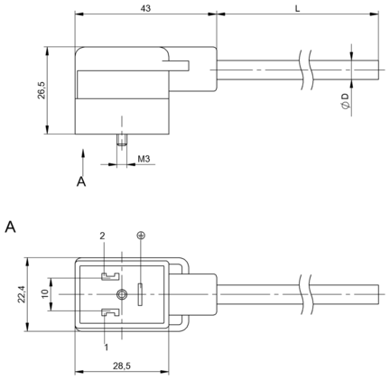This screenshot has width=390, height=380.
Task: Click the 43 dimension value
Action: [x=145, y=8]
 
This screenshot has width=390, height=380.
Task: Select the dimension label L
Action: [x=297, y=9]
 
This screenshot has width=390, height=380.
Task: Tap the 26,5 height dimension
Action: [x=42, y=90]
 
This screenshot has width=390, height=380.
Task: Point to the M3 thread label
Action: [x=144, y=159]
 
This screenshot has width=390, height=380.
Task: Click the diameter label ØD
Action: [x=345, y=101]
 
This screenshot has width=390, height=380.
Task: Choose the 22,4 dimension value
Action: [x=21, y=294]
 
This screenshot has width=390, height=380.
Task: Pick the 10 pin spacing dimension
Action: [x=45, y=293]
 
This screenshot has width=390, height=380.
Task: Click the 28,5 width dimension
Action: [x=122, y=366]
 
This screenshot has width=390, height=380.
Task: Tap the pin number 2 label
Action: [x=102, y=236]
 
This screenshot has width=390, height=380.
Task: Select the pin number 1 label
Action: [x=106, y=348]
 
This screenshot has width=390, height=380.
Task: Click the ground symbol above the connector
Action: [x=140, y=236]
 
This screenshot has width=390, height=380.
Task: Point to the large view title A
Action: [x=10, y=227]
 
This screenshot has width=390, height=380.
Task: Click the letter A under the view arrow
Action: [x=81, y=181]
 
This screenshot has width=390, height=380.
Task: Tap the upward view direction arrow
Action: [x=83, y=162]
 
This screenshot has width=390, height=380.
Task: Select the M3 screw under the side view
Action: [x=122, y=140]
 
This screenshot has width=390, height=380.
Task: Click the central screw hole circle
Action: [x=122, y=294]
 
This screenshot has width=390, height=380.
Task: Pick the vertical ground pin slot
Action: [x=140, y=294]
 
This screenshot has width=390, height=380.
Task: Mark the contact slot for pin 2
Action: [x=110, y=276]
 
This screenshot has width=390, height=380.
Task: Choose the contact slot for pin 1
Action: [x=110, y=312]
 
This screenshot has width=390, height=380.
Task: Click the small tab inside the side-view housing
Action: [x=175, y=66]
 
